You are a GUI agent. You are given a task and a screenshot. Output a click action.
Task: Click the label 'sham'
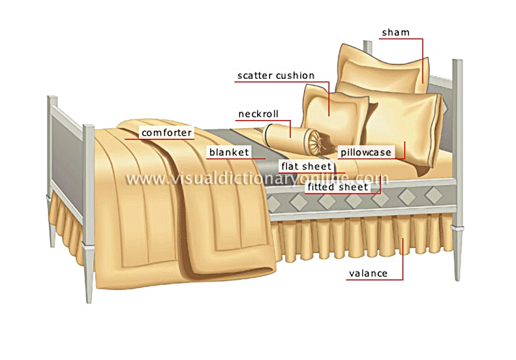[x=395, y=32]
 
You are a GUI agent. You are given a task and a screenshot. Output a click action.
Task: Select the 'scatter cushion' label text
[x=276, y=76]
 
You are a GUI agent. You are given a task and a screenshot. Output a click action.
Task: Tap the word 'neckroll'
[x=258, y=114]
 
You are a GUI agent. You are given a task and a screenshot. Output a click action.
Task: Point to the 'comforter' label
[x=166, y=133]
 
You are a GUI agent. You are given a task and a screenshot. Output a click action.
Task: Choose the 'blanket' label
[x=229, y=152]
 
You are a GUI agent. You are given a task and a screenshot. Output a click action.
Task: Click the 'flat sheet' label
[x=306, y=166]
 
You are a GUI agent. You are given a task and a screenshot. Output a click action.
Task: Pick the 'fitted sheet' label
[x=338, y=187]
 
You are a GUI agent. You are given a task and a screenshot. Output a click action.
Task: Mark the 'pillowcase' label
[x=366, y=152]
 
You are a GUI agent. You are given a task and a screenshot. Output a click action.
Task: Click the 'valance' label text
[x=368, y=274]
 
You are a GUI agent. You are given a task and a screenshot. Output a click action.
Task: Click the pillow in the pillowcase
[x=403, y=128]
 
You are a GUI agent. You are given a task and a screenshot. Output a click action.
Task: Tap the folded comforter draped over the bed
[x=185, y=204]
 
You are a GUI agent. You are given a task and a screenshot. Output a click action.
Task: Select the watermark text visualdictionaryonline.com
[x=257, y=178]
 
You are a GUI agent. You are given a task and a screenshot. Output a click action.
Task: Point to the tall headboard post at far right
[x=457, y=169]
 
